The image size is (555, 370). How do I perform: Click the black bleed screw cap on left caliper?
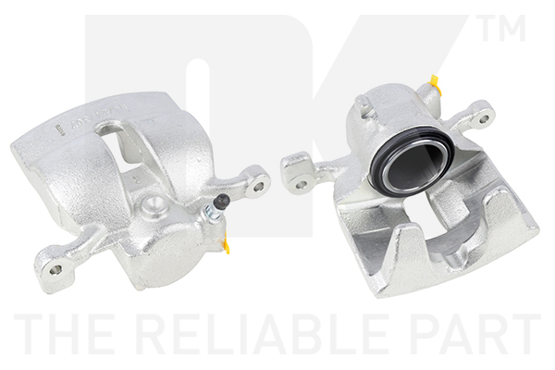tap(223, 202)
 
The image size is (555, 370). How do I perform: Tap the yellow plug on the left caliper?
tap(227, 246)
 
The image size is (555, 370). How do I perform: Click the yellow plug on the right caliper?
tap(435, 82)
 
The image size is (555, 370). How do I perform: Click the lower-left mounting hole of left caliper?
tap(55, 270)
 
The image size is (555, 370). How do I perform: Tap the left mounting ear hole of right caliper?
tap(301, 185)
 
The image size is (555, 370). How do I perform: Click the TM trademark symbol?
tap(501, 28)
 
